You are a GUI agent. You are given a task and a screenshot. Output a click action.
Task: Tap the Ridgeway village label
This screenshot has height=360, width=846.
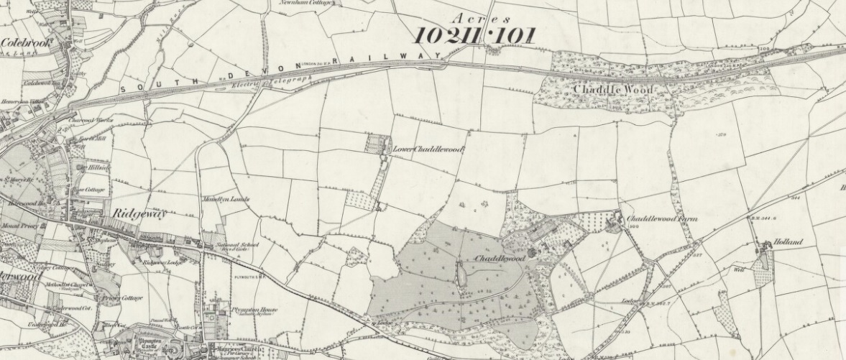139,214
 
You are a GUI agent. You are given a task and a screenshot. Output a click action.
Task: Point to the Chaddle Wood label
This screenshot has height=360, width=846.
613,89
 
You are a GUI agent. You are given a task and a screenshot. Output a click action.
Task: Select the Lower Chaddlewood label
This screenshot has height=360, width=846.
428,149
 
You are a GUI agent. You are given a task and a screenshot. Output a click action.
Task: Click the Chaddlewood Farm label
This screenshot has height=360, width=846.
661,218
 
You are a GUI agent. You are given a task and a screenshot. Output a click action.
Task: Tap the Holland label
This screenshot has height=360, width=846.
788,243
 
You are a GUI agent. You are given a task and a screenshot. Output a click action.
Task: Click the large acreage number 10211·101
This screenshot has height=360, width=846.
474,35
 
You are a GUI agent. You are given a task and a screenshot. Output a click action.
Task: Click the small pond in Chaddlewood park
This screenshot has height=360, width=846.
459,272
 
